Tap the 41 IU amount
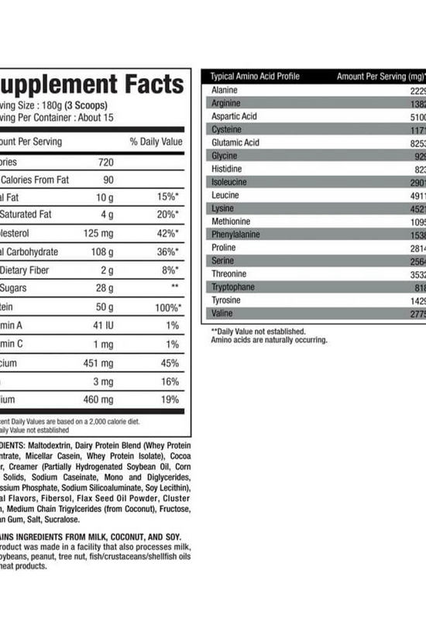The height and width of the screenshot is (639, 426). pyautogui.click(x=101, y=325)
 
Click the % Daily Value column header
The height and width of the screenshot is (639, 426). pyautogui.click(x=156, y=142)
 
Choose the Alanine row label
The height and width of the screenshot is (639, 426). pyautogui.click(x=225, y=91)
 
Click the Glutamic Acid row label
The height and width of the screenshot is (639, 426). pyautogui.click(x=235, y=143)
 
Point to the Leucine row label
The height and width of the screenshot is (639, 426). pyautogui.click(x=225, y=195)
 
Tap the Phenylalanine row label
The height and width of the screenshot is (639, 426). pyautogui.click(x=235, y=235)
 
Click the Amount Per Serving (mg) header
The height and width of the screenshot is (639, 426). pyautogui.click(x=381, y=77)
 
